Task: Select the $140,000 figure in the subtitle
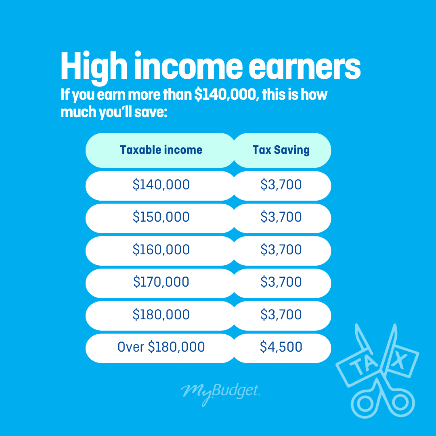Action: pos(225,94)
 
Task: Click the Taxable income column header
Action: pos(161,150)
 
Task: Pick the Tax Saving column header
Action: pos(281,150)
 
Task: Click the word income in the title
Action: pos(189,67)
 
